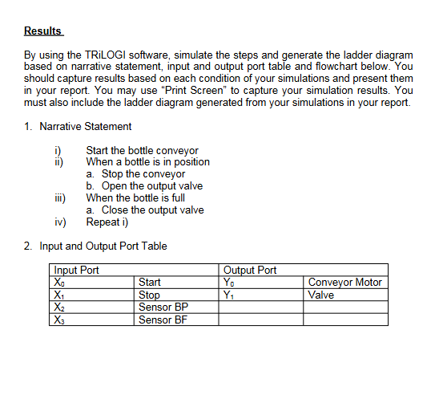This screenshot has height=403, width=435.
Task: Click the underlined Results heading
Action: click(42, 31)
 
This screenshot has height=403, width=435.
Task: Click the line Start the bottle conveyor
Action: click(142, 150)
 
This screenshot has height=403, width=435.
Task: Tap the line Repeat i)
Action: click(107, 222)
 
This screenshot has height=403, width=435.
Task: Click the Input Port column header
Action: click(76, 271)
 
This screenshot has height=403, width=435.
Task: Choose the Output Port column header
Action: click(250, 271)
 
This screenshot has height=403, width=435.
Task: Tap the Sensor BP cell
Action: click(163, 307)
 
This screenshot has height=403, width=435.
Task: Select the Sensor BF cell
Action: click(163, 320)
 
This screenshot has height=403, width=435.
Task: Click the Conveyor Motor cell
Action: click(344, 283)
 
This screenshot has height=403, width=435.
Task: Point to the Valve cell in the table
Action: click(321, 295)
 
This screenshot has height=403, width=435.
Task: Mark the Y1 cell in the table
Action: click(231, 295)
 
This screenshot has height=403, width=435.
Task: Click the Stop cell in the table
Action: click(150, 295)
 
